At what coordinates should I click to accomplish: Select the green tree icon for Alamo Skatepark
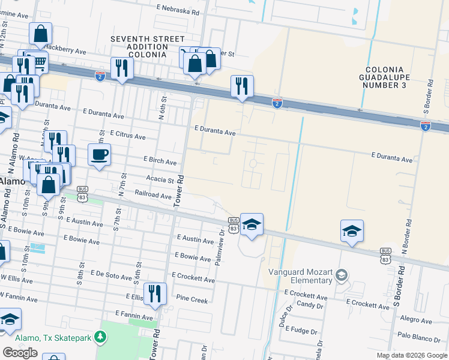(101, 338)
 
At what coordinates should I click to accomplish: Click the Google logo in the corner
(20, 353)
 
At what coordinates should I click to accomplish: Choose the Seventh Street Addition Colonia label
(138, 47)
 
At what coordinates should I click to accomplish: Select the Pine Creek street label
(191, 298)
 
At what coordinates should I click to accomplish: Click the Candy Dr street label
(310, 305)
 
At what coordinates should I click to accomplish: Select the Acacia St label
(160, 179)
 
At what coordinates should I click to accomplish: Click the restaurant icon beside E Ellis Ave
(155, 293)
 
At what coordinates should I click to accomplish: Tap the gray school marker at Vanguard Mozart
(342, 275)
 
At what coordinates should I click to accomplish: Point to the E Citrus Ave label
(128, 136)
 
